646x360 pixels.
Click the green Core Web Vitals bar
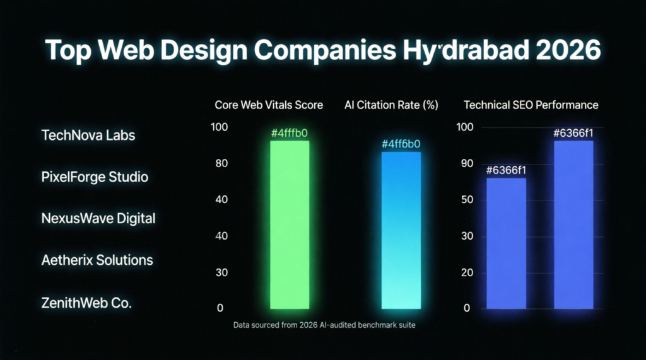coord(290,224)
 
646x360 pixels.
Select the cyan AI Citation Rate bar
coord(401,230)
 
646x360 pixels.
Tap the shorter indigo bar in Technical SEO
coord(506,243)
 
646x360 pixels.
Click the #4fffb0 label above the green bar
coord(290,133)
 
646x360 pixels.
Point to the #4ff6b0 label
coord(401,144)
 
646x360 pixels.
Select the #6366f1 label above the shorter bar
coord(506,170)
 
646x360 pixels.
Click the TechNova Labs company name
coord(88,135)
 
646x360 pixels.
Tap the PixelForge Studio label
coord(95,177)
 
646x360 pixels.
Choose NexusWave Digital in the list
coord(98,219)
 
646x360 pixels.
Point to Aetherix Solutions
coord(97,260)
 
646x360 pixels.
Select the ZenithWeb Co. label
coord(86,303)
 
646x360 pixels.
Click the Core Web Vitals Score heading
coord(269,105)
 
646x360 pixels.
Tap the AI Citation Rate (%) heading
coord(391,105)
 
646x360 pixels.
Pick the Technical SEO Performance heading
coord(531,105)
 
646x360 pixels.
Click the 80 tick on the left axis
coord(221,164)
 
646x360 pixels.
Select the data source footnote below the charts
coord(323,325)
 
